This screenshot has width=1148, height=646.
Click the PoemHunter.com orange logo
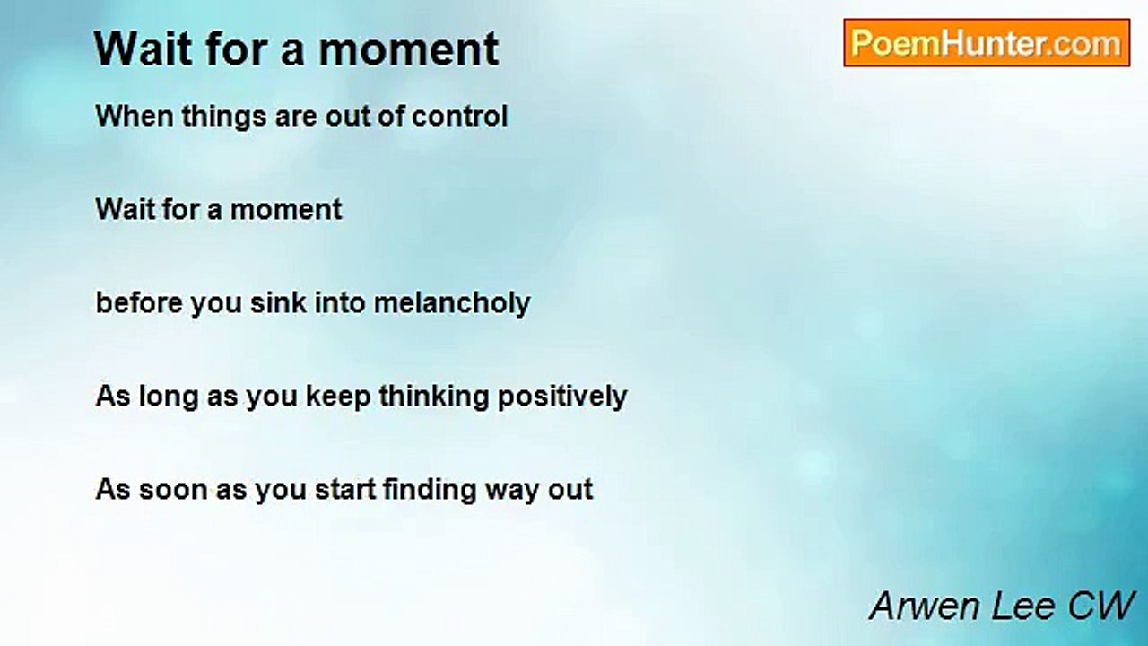click(987, 43)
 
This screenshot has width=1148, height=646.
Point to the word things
click(223, 118)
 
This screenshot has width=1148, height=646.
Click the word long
click(169, 397)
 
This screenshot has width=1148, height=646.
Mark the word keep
click(338, 397)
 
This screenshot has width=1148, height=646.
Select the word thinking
click(434, 397)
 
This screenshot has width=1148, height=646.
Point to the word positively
click(562, 397)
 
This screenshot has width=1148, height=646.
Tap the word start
click(345, 489)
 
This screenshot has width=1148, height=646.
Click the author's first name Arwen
click(926, 606)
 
